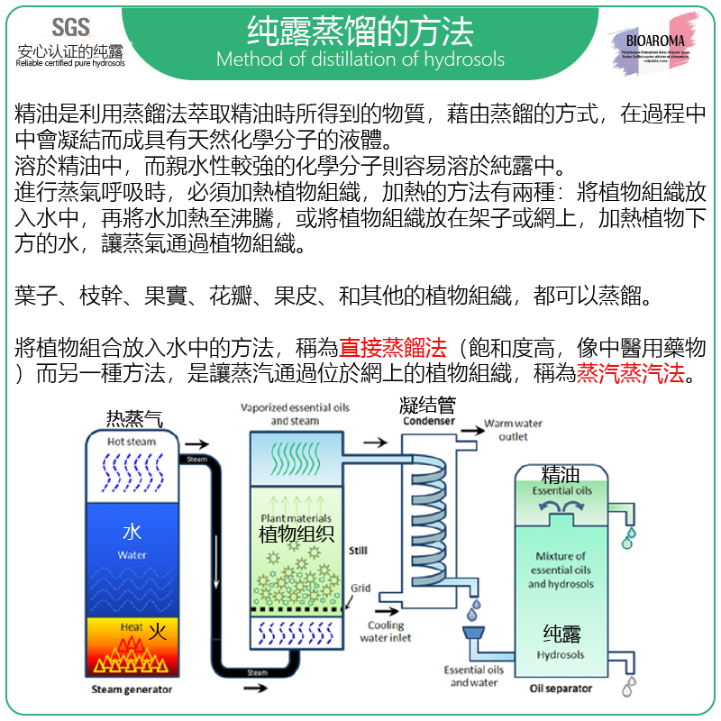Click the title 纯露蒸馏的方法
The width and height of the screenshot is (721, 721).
360,32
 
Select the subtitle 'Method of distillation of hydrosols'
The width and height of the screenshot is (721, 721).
360,60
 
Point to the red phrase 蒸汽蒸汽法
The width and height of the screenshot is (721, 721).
631,373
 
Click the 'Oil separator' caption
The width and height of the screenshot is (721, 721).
561,689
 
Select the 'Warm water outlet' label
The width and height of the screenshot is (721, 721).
514,430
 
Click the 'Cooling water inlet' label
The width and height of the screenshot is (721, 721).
386,631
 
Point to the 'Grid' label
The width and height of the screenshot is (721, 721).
360,589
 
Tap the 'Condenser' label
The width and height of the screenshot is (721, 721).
429,421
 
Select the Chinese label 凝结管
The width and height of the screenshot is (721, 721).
427,406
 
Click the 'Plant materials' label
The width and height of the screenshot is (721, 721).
296,517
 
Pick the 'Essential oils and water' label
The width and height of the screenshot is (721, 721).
473,676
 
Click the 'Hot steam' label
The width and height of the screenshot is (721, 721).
132,442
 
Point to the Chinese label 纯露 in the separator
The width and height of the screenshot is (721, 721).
561,633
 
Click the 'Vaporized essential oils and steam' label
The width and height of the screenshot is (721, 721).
295,414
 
